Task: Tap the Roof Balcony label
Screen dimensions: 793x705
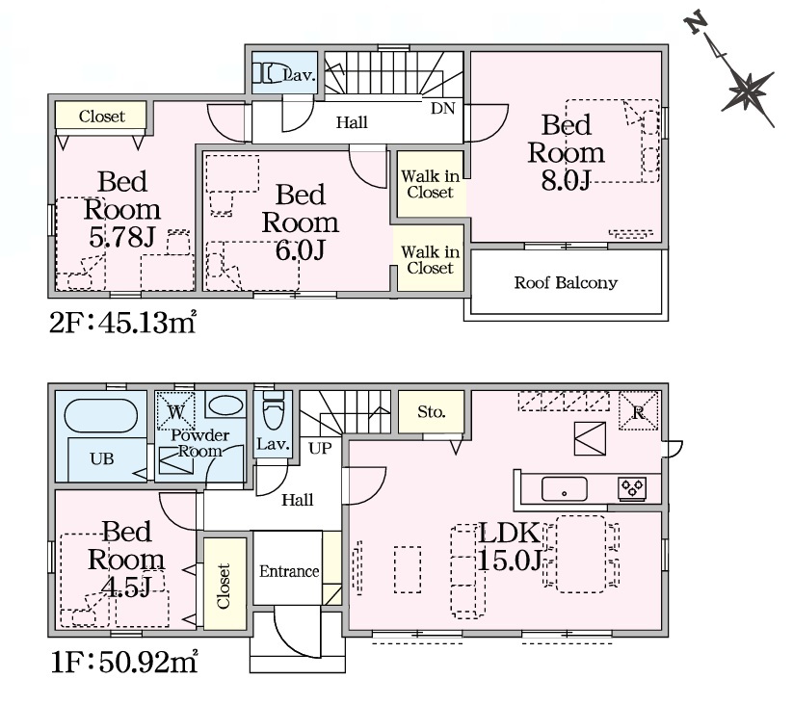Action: (x=566, y=282)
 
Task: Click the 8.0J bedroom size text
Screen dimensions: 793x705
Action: (x=566, y=179)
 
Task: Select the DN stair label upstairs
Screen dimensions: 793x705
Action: (x=442, y=108)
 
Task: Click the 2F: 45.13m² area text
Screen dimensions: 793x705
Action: (x=122, y=323)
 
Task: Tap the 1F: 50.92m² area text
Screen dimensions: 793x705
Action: (x=124, y=662)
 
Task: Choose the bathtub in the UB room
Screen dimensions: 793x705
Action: (x=101, y=416)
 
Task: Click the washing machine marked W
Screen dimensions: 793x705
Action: (x=175, y=410)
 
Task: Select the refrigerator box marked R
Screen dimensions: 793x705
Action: (x=639, y=411)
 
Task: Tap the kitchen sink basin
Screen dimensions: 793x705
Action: (x=565, y=489)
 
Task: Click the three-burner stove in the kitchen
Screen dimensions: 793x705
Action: (x=632, y=488)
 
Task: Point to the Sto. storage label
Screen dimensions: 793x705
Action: (x=432, y=412)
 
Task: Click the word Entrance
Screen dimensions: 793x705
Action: (x=289, y=571)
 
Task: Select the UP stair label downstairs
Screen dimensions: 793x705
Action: (x=320, y=448)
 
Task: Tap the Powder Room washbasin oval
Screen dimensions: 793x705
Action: (x=225, y=405)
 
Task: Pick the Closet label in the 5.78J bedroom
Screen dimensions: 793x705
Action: (x=101, y=117)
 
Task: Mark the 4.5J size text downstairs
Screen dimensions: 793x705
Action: (x=126, y=587)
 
